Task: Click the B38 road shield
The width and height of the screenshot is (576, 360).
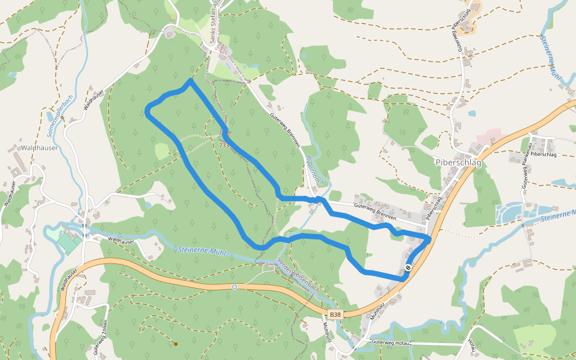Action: [x=335, y=314]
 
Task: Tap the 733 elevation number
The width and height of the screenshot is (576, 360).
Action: [x=224, y=145]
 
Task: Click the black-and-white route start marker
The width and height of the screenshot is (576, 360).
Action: [x=409, y=268]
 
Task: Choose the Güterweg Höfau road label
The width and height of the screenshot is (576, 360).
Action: [x=390, y=341]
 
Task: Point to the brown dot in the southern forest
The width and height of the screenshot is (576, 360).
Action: [x=175, y=344]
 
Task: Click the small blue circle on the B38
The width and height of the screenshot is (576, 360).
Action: [x=235, y=287]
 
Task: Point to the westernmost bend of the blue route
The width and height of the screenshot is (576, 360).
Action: [x=147, y=110]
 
